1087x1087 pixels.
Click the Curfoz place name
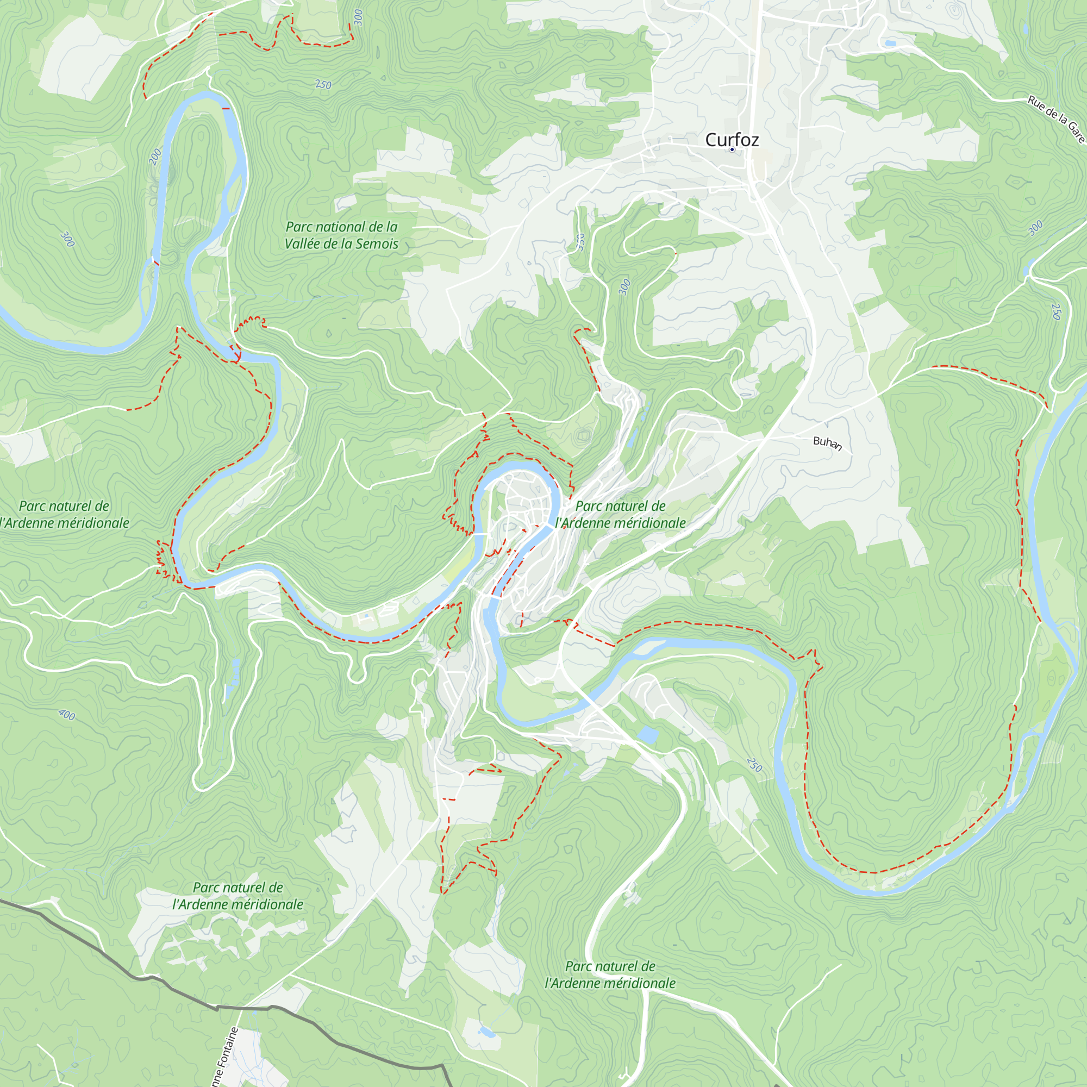tap(732, 140)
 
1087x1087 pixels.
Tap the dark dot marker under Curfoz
tap(732, 149)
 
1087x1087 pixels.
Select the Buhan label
tap(827, 443)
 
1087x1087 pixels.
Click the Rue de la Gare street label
tap(1055, 119)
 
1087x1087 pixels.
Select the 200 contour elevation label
tap(155, 156)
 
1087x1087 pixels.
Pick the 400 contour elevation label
tap(66, 715)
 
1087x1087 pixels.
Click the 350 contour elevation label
tap(580, 241)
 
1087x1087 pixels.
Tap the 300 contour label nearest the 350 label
tap(624, 286)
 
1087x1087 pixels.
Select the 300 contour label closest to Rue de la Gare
tap(1035, 228)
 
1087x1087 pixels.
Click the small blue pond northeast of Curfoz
tap(890, 43)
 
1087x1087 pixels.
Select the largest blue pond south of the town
tap(648, 735)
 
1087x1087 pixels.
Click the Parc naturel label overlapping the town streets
tap(620, 514)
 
